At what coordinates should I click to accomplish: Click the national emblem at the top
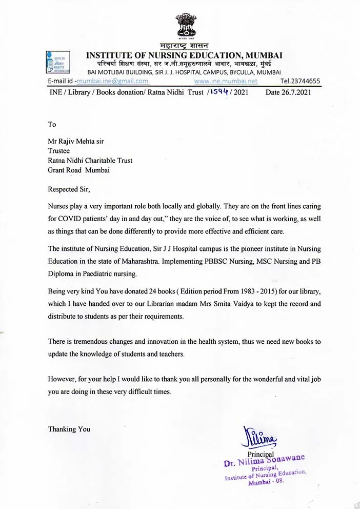pyautogui.click(x=186, y=27)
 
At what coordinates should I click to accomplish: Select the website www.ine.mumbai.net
pyautogui.click(x=226, y=81)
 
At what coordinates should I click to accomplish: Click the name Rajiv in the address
pyautogui.click(x=72, y=142)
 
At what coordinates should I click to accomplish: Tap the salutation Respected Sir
pyautogui.click(x=69, y=189)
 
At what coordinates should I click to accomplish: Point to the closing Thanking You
pyautogui.click(x=69, y=429)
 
